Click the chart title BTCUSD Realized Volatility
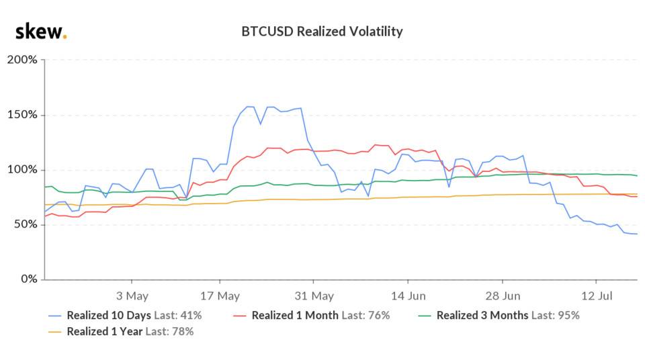coord(322,32)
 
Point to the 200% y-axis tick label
coord(22,60)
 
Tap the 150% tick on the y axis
coord(22,115)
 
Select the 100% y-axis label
coord(22,170)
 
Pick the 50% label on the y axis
coord(26,224)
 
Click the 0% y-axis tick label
coord(29,279)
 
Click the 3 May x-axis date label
coord(132,296)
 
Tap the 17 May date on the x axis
coord(221,296)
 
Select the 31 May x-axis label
coord(314,296)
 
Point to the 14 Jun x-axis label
coord(408,296)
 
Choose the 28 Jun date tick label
coord(503,296)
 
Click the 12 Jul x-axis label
coord(597,296)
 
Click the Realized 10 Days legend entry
coord(124,315)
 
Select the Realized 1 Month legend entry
coord(310,315)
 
